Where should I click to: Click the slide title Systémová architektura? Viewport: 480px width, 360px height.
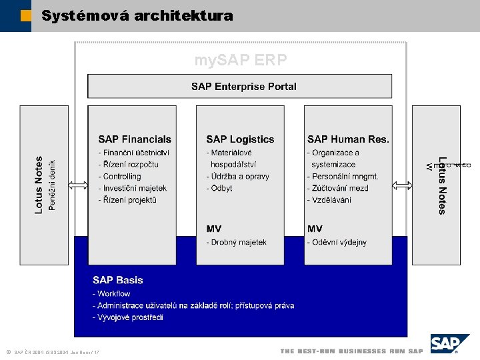point(137,15)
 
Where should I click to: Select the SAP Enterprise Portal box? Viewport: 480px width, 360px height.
point(243,87)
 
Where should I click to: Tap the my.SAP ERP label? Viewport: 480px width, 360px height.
point(241,60)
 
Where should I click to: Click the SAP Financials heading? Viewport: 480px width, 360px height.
point(135,139)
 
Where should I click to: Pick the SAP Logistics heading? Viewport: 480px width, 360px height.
point(240,139)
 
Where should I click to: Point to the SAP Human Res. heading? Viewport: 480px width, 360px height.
point(348,139)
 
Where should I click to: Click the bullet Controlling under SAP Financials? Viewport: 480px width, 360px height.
point(120,177)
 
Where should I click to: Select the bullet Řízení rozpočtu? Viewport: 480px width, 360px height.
point(130,165)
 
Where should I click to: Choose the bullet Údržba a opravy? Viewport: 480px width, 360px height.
point(238,177)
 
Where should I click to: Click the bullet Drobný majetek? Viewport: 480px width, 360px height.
point(237,243)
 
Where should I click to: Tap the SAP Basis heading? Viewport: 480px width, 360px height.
point(117,280)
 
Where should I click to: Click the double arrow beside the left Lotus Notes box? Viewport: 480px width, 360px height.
point(78,185)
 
